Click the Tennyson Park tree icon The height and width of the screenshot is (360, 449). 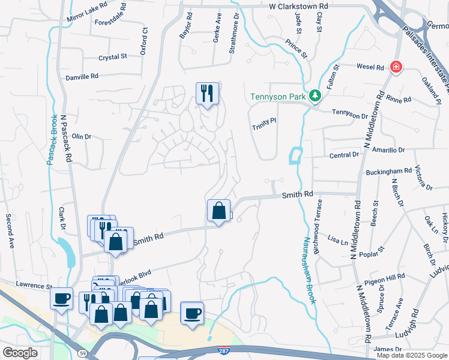(314, 95)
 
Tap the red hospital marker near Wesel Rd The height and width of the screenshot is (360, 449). (396, 67)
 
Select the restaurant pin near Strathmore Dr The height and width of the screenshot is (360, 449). (207, 93)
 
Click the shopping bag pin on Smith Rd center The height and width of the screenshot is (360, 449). (219, 211)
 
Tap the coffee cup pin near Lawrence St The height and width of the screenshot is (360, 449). (62, 298)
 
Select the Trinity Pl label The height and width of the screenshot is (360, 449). (264, 121)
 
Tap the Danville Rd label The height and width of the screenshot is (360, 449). (82, 77)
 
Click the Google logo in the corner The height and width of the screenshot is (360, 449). (20, 352)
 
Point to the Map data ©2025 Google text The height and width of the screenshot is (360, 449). (412, 355)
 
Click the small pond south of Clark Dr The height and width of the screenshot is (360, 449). (68, 253)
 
